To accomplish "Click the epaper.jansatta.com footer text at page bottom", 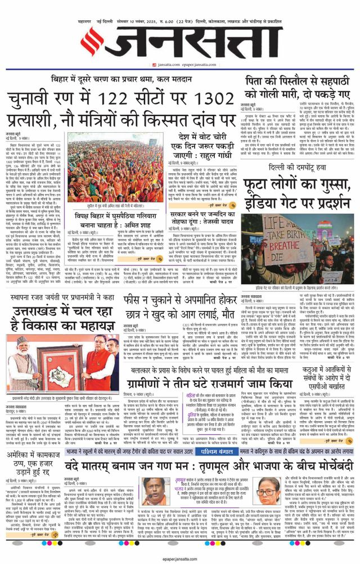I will (179, 558).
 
